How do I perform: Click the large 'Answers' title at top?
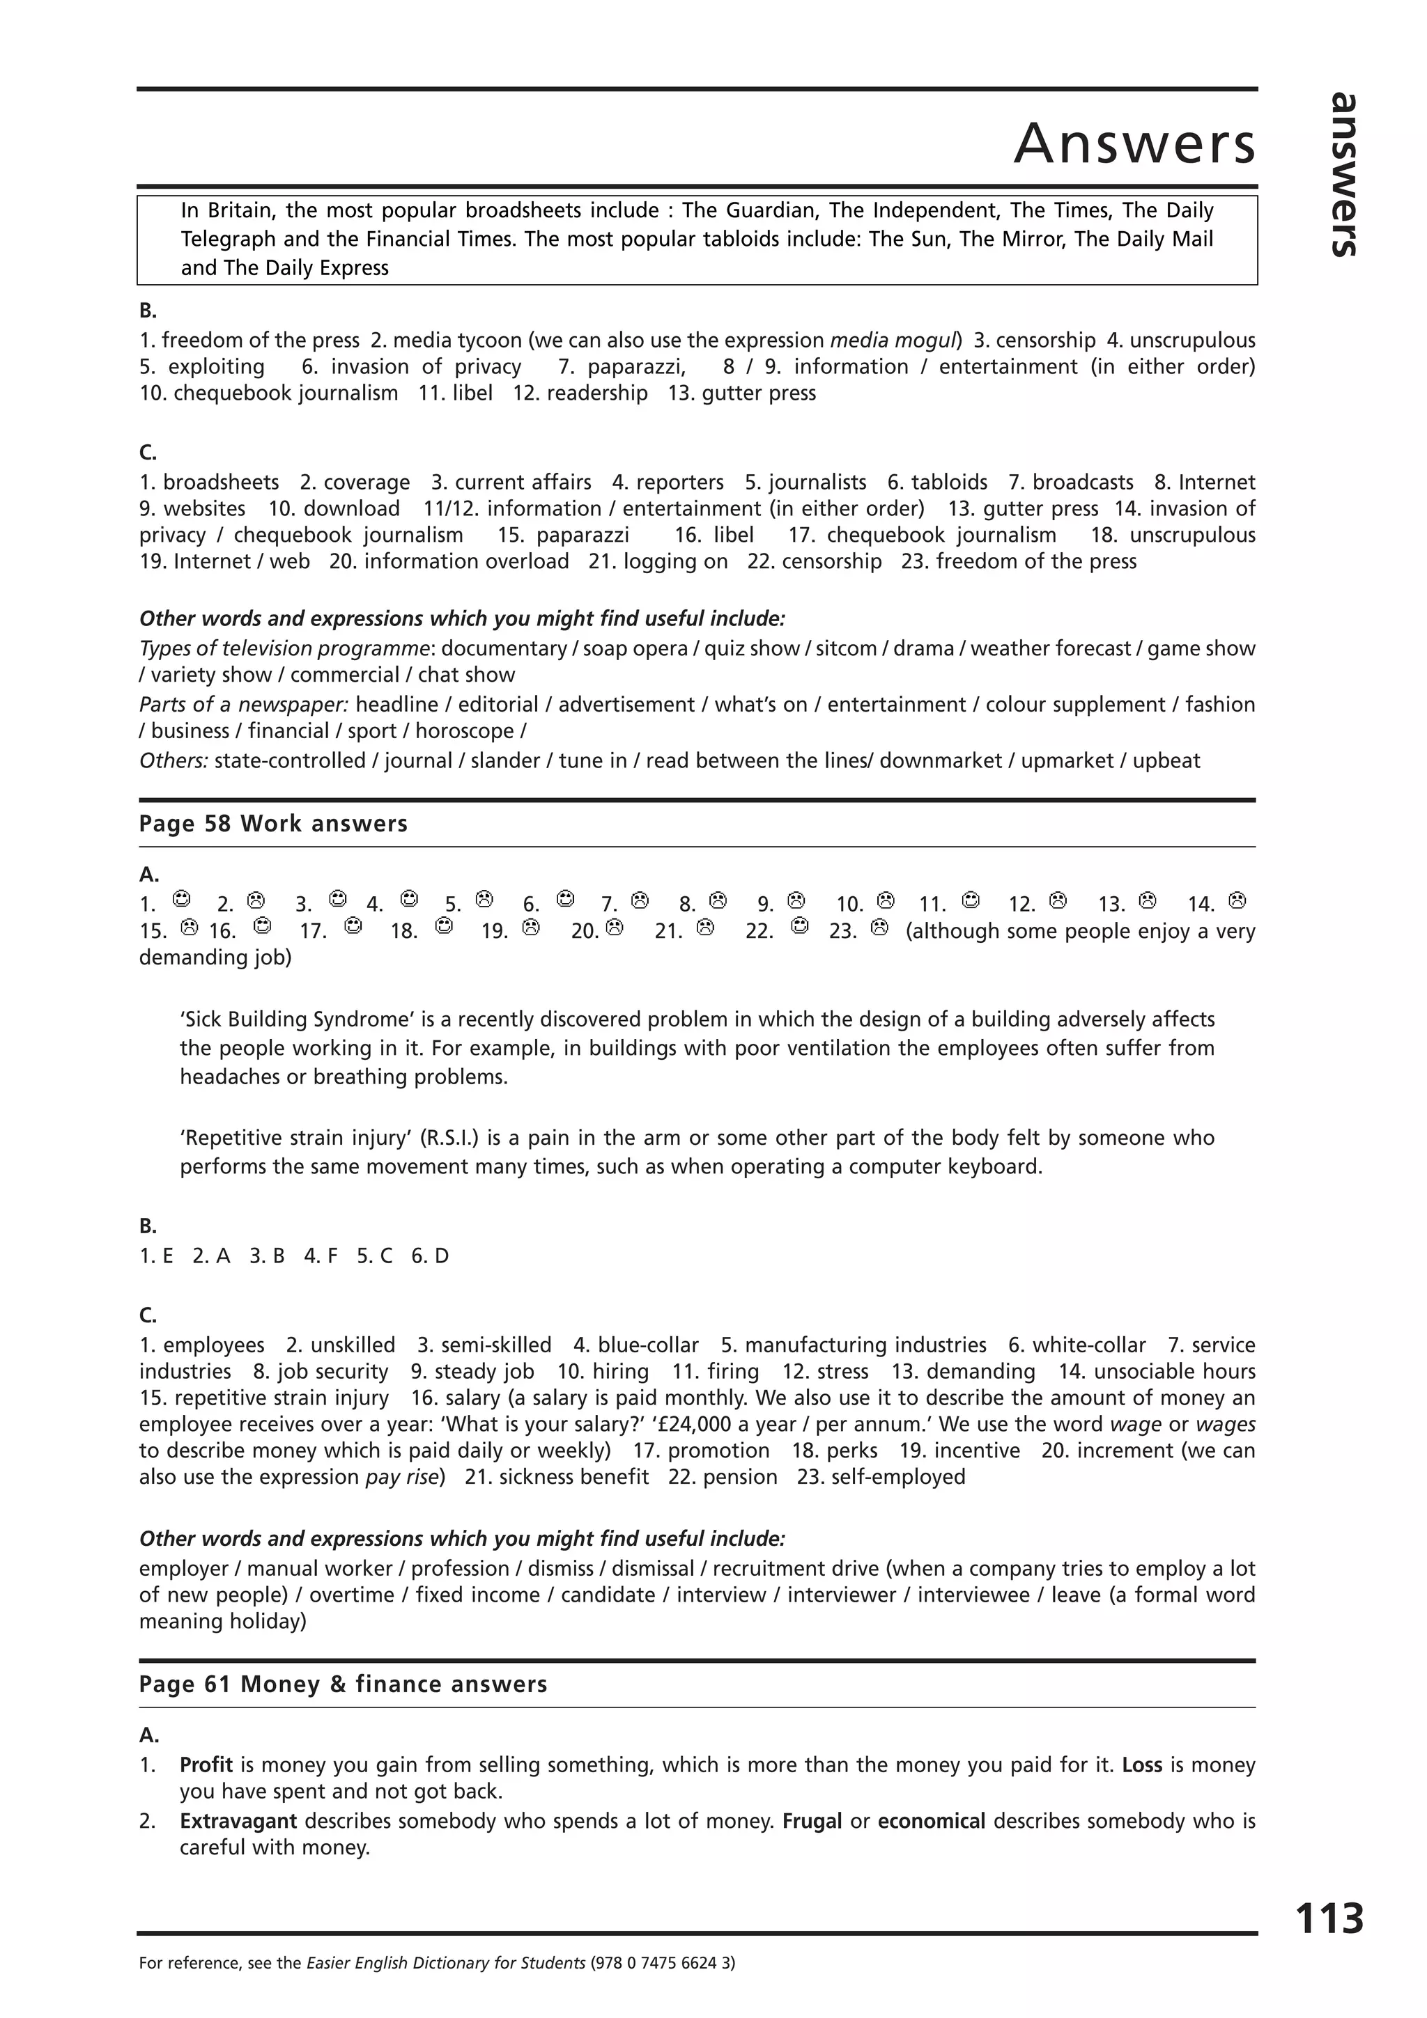pyautogui.click(x=1134, y=143)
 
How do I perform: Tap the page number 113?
pyautogui.click(x=1329, y=1918)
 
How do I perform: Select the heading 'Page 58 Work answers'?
pyautogui.click(x=273, y=824)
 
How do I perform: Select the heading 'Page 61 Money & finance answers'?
pyautogui.click(x=343, y=1684)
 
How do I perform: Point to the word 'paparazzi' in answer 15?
pyautogui.click(x=582, y=535)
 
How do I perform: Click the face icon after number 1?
pyautogui.click(x=182, y=899)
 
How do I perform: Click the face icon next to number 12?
pyautogui.click(x=1058, y=900)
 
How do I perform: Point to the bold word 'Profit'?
pyautogui.click(x=206, y=1765)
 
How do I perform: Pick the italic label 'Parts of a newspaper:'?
pyautogui.click(x=244, y=705)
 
